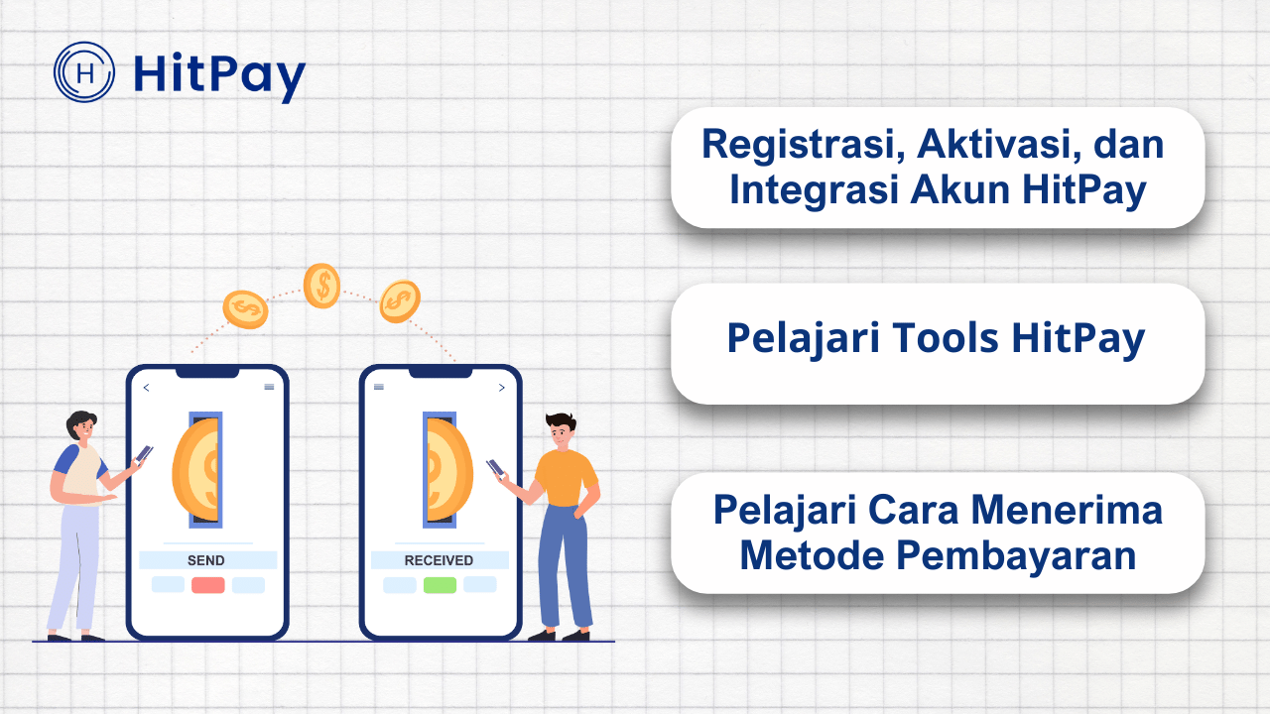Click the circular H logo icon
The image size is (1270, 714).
[x=84, y=71]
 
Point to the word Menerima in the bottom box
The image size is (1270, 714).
[x=1067, y=511]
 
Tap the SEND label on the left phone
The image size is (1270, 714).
[x=205, y=560]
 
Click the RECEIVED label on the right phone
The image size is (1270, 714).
[x=439, y=560]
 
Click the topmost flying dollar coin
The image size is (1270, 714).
[x=321, y=286]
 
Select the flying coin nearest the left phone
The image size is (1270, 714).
[x=245, y=309]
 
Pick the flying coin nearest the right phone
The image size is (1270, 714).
[x=400, y=300]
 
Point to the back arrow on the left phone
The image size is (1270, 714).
[x=147, y=388]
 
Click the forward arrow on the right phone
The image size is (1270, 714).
[x=501, y=388]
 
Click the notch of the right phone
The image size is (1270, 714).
[x=441, y=372]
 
